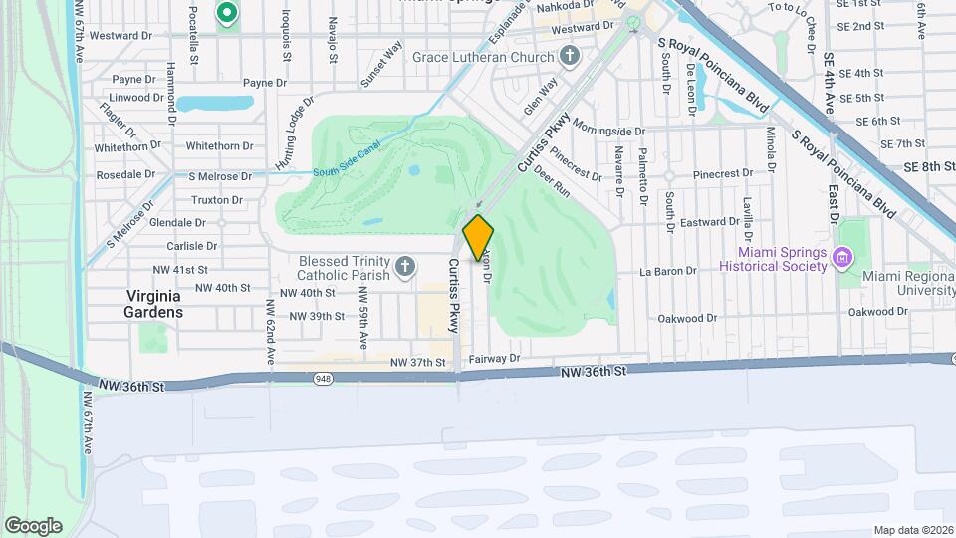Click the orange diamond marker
[x=478, y=237]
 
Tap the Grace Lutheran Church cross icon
[x=569, y=56]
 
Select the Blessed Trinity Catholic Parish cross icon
[x=404, y=266]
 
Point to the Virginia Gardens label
[x=154, y=304]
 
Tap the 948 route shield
[x=324, y=379]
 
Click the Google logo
[x=33, y=526]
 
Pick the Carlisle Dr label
[x=192, y=246]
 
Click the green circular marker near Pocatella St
[x=226, y=13]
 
